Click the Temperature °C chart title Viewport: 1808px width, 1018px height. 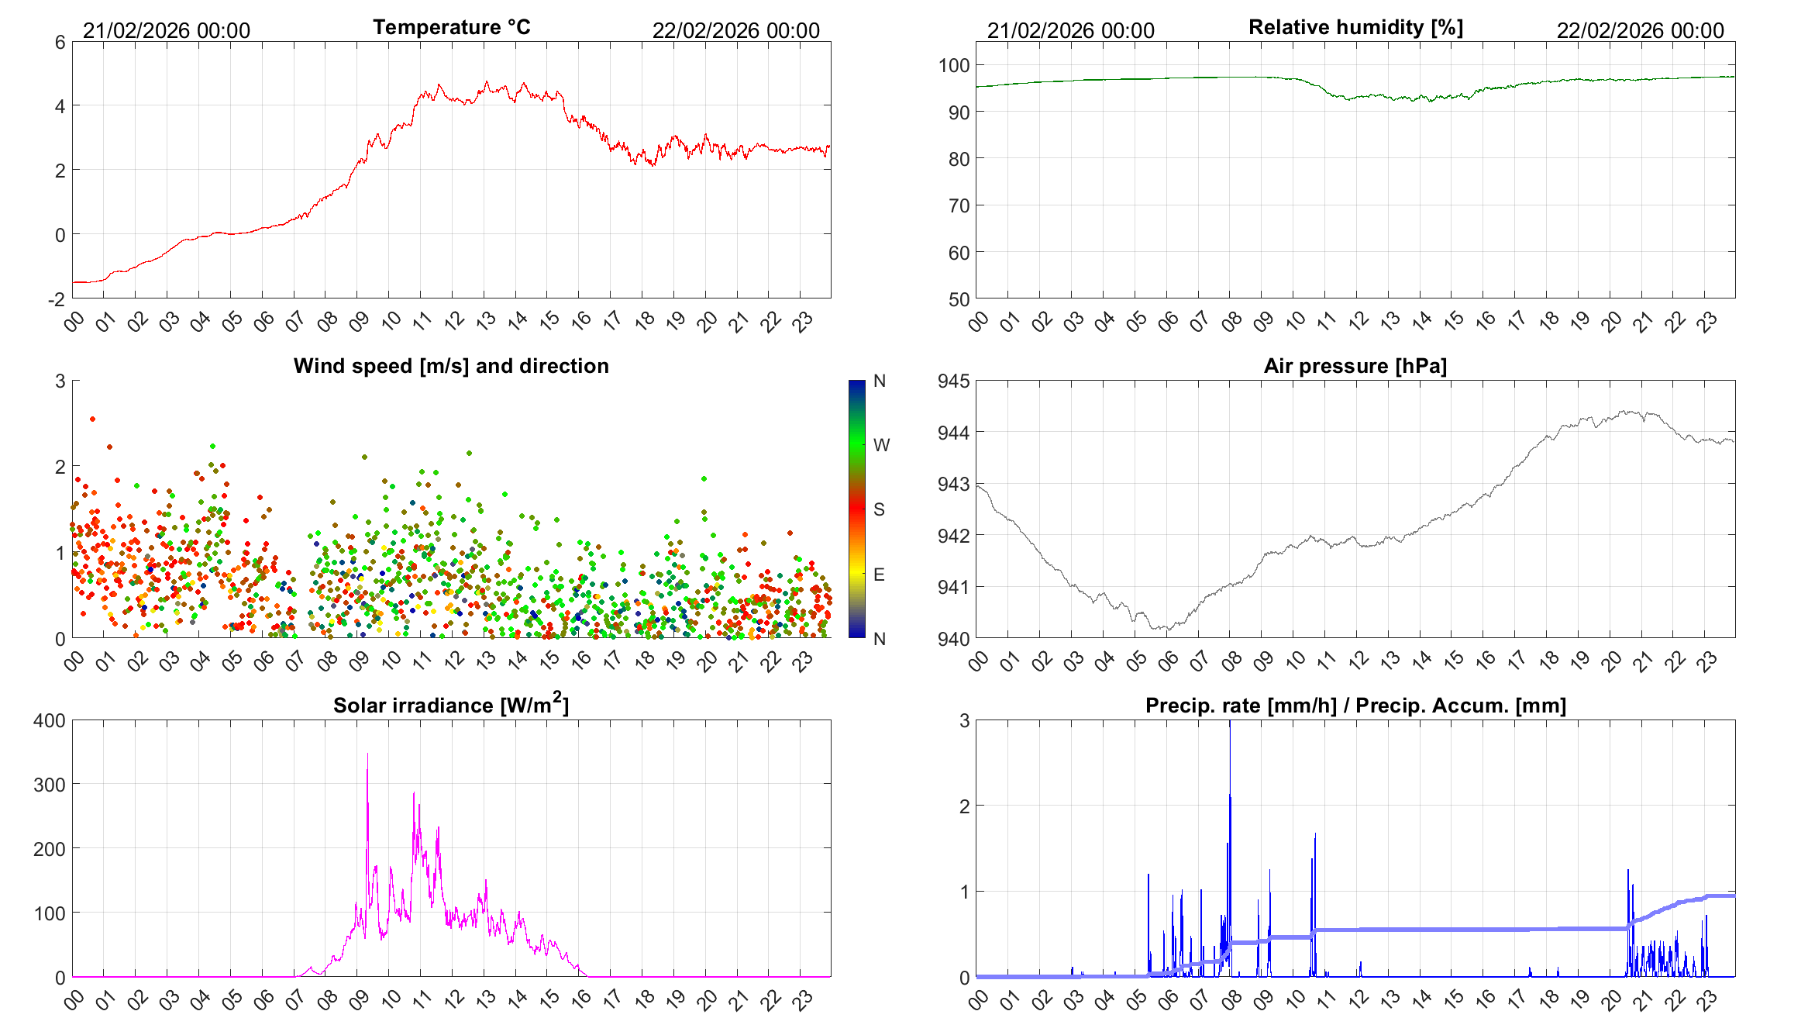click(x=452, y=27)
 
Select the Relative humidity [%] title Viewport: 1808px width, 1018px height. click(x=1355, y=27)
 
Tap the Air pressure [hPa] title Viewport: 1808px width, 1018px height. click(x=1355, y=366)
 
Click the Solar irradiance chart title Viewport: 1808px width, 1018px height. click(x=451, y=705)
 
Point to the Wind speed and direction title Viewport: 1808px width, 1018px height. click(x=451, y=366)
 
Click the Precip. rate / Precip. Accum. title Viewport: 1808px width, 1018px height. click(x=1355, y=706)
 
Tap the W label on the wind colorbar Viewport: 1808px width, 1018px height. click(x=881, y=445)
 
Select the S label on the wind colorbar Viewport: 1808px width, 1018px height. click(x=879, y=509)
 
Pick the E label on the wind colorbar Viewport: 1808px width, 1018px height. click(x=879, y=575)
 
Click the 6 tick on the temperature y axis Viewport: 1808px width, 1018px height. click(x=60, y=43)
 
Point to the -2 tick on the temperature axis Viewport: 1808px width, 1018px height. click(x=57, y=299)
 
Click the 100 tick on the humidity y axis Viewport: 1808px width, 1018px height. click(x=954, y=65)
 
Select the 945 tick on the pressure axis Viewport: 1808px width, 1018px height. click(x=953, y=381)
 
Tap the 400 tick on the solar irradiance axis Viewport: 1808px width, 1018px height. click(x=50, y=720)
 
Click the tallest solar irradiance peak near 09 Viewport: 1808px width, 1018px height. click(x=367, y=754)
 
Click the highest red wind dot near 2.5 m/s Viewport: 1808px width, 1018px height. click(x=93, y=419)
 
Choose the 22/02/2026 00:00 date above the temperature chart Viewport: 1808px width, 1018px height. click(x=735, y=30)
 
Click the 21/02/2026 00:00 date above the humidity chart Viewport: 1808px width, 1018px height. click(x=1070, y=30)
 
